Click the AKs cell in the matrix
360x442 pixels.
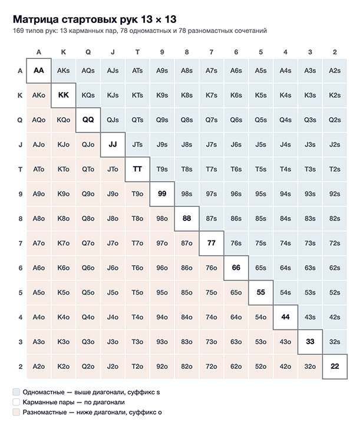point(64,71)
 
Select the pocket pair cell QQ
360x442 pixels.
point(88,120)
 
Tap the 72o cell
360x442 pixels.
point(212,367)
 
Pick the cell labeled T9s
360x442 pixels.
point(162,169)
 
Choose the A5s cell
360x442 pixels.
point(261,71)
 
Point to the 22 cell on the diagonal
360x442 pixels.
point(335,367)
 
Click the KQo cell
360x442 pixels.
point(64,120)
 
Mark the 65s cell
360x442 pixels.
point(261,268)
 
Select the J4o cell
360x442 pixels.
point(113,317)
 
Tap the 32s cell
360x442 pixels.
point(335,342)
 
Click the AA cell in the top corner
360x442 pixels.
point(39,71)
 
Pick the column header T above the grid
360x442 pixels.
point(137,52)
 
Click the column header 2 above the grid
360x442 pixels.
point(335,52)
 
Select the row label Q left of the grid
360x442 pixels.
point(20,120)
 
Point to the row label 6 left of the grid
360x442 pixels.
point(20,268)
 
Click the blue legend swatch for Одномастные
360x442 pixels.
point(16,392)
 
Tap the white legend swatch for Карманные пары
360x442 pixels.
point(16,402)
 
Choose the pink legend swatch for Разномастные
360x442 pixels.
point(16,412)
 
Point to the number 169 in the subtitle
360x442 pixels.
point(18,31)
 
